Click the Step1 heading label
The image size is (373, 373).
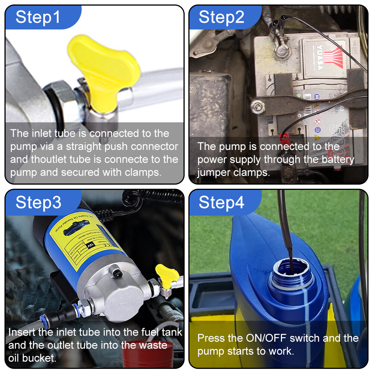pos(38,17)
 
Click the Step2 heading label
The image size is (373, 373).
pos(222,17)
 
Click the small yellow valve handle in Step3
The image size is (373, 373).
pos(167,274)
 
